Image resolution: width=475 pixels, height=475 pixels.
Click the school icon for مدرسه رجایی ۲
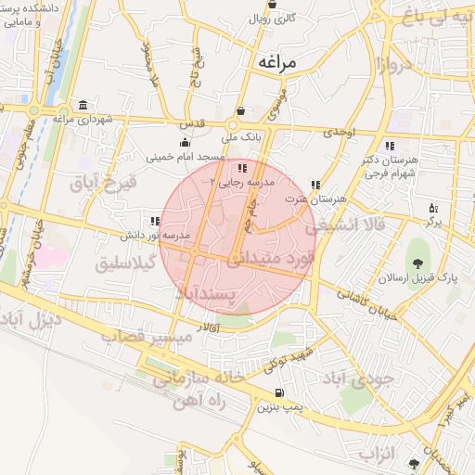[x=243, y=169]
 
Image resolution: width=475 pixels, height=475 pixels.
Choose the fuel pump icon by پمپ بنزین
[x=281, y=393]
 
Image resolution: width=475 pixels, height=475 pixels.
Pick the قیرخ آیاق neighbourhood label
[x=103, y=182]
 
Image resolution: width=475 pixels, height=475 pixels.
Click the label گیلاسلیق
[x=127, y=264]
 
